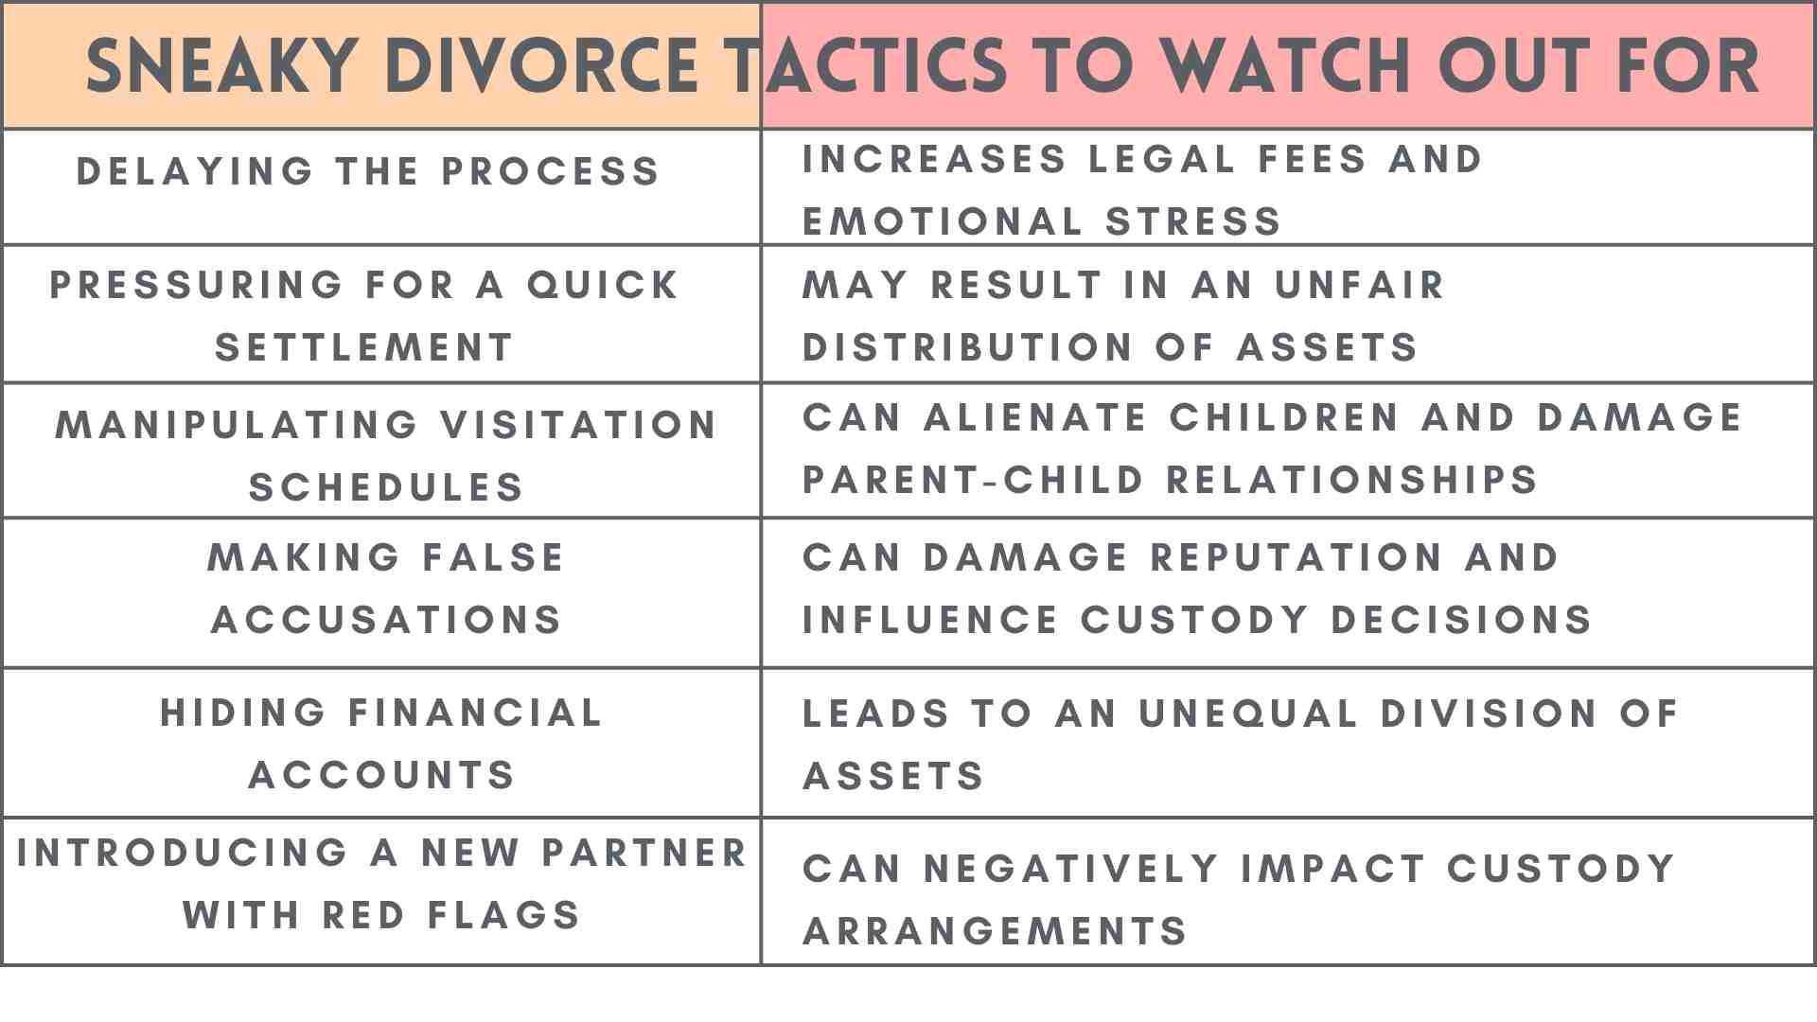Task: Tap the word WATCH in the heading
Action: (1284, 66)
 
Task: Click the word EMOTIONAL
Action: (943, 221)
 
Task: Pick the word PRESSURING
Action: (198, 285)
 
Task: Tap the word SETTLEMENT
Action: (364, 347)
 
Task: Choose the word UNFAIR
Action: (1360, 285)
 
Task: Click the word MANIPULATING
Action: (238, 425)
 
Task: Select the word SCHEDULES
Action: (386, 487)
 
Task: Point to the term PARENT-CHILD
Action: (974, 480)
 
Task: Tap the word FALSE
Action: (493, 557)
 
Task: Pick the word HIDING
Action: (243, 713)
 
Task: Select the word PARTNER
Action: (644, 853)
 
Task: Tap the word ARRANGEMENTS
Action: (995, 931)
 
